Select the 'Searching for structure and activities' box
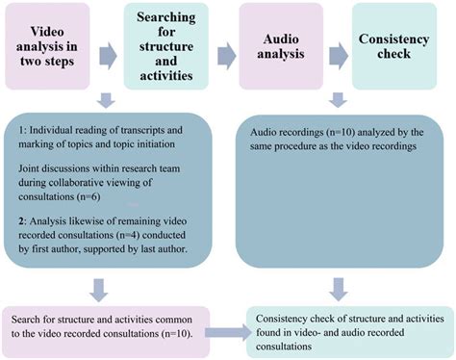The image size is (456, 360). [x=166, y=41]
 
